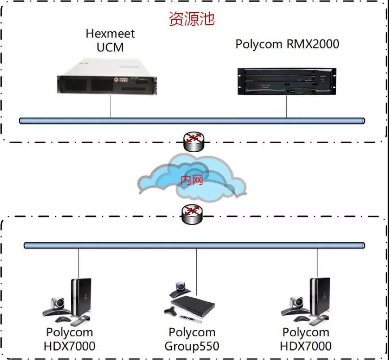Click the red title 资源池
[191, 19]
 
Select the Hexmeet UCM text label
[110, 40]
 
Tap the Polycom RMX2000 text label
[287, 44]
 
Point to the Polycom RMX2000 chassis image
[287, 81]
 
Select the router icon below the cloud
[192, 214]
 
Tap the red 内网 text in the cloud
[192, 180]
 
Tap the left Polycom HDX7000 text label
[69, 339]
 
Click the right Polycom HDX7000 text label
[306, 339]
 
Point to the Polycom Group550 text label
[192, 339]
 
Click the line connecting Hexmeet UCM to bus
[110, 107]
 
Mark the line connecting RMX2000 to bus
[287, 107]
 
